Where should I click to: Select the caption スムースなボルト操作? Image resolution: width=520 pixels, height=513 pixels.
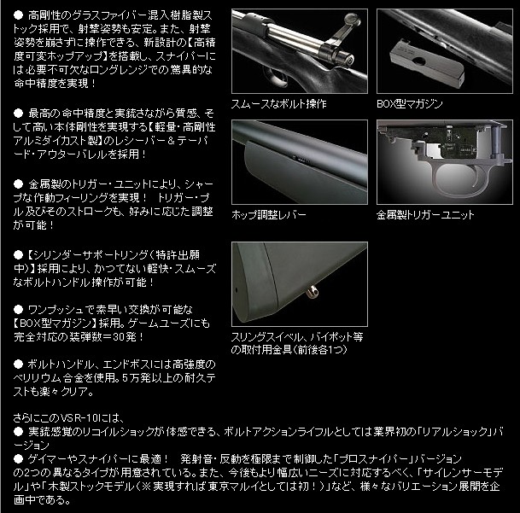(278, 103)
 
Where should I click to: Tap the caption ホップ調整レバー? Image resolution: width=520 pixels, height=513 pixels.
(270, 214)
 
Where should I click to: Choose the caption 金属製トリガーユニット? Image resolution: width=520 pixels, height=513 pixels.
(425, 214)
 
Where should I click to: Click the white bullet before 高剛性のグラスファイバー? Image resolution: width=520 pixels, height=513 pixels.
(18, 15)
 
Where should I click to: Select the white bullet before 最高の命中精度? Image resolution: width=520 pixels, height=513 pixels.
(18, 113)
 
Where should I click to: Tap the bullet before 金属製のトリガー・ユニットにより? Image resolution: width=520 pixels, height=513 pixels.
(18, 183)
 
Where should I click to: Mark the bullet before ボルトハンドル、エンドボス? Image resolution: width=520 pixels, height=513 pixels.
(18, 364)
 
